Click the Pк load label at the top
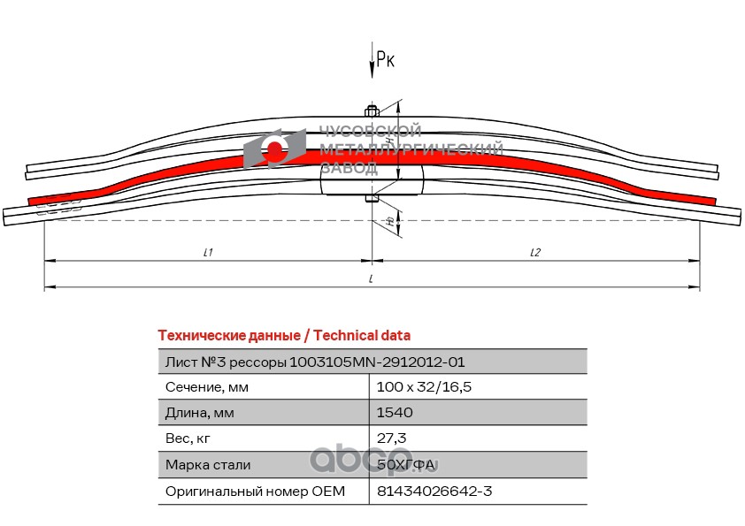point(385,59)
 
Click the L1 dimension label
point(207,252)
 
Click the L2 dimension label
point(535,252)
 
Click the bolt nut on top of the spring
point(372,111)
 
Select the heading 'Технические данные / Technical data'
point(283,335)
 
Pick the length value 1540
point(395,412)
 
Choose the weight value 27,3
point(392,438)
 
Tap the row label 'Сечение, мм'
point(207,386)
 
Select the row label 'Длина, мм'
point(201,412)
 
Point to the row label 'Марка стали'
point(208,464)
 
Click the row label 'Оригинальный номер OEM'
point(255,491)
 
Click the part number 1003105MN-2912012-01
point(377,362)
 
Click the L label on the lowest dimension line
point(372,278)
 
